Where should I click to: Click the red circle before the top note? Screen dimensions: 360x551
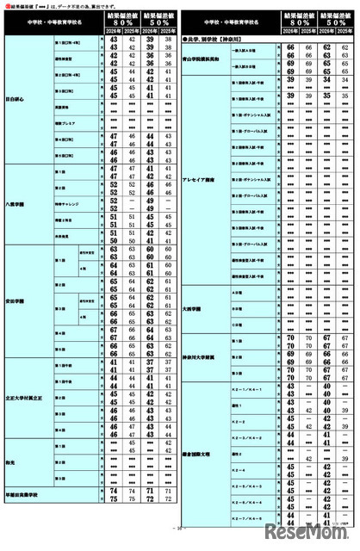(7, 7)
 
